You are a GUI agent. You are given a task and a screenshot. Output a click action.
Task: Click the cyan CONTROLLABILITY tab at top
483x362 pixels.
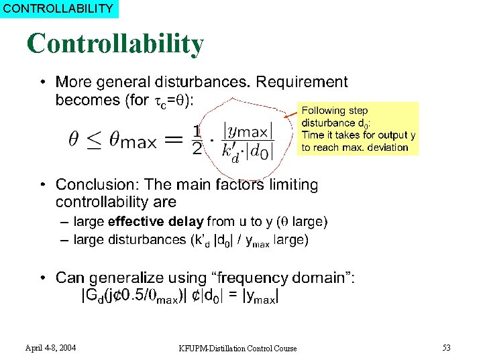[x=58, y=9]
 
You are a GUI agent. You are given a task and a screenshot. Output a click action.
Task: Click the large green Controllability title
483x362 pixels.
[x=115, y=44]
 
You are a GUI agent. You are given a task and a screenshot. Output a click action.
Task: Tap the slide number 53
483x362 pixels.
[x=446, y=347]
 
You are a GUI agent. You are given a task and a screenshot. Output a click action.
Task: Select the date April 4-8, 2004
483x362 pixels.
[x=50, y=347]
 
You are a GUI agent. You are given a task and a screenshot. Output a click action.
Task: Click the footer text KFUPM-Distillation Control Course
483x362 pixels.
[x=237, y=348]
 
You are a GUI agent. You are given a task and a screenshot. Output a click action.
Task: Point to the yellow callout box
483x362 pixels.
[x=358, y=129]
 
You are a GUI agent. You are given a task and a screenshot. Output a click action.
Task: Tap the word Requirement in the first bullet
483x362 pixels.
[x=303, y=82]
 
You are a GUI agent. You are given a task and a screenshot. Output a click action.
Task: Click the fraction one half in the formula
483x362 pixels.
[x=197, y=139]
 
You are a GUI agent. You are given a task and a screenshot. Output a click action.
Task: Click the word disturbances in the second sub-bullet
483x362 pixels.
[x=148, y=240]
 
